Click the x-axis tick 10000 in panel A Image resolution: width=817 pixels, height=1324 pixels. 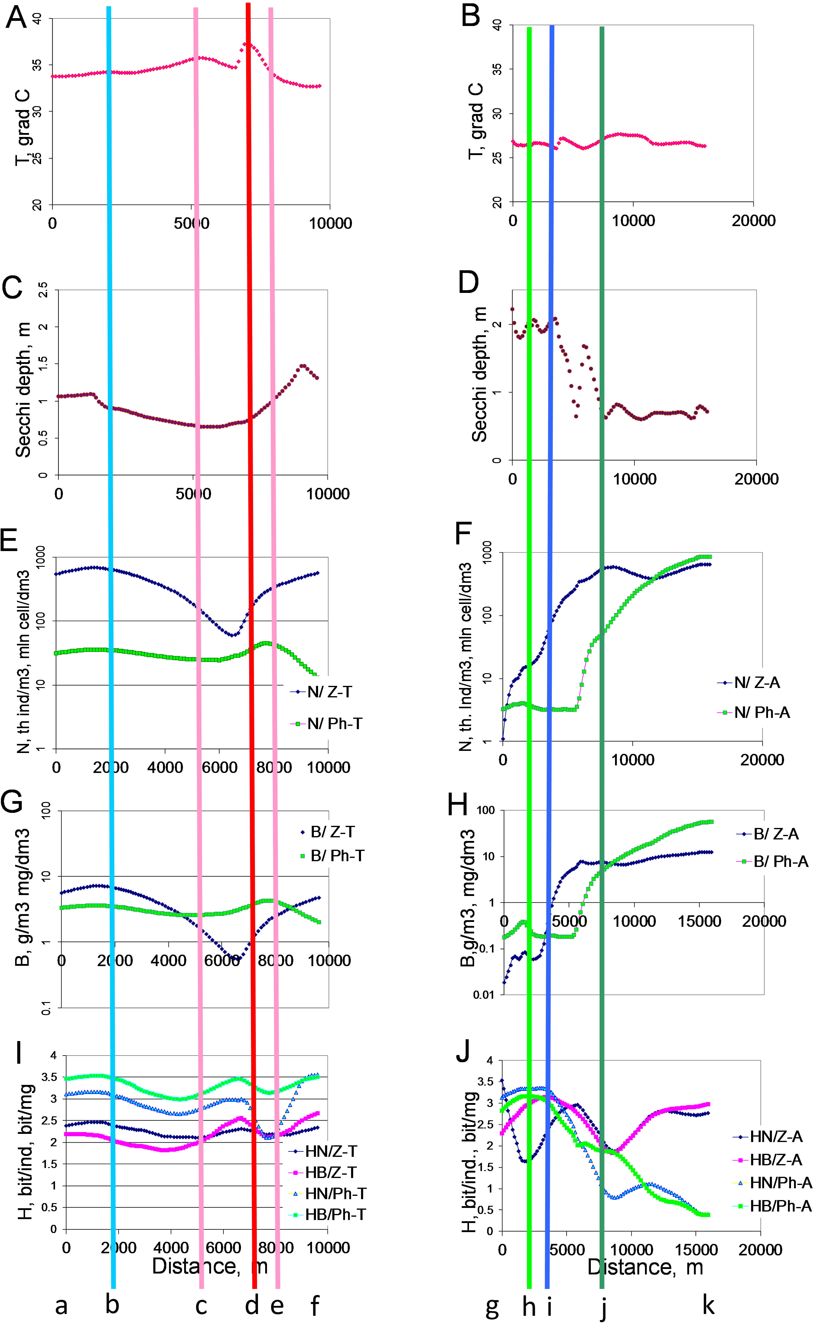[x=330, y=223]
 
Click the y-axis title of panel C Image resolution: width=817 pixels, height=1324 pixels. [x=23, y=390]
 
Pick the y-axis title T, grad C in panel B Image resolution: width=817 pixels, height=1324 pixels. [x=476, y=121]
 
